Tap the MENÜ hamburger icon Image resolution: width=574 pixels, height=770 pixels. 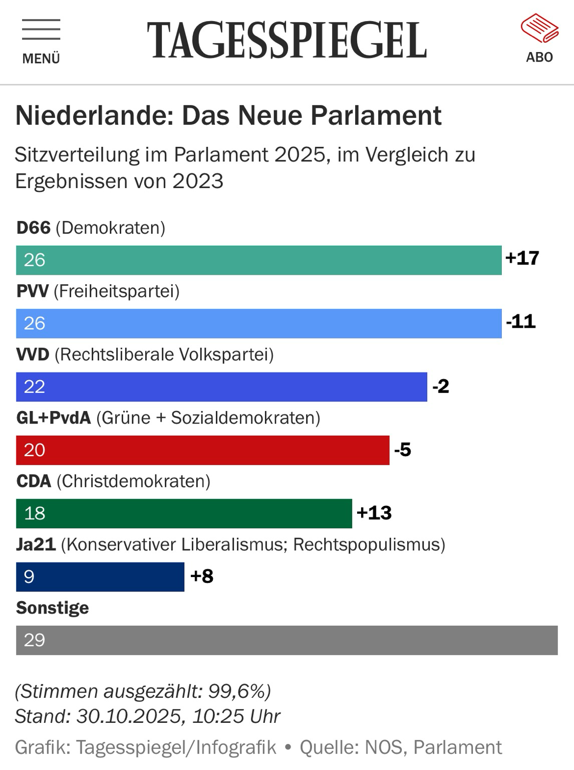pos(41,30)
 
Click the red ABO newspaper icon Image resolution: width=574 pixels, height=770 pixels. pos(539,29)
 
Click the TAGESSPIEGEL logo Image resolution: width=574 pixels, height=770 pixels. pos(286,40)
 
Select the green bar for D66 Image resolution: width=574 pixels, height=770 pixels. pos(258,260)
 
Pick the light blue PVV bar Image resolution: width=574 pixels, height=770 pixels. pos(258,323)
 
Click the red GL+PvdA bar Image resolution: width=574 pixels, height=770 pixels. pos(202,450)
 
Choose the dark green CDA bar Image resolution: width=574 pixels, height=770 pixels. pos(184,513)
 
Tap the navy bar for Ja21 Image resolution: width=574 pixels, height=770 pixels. pos(100,576)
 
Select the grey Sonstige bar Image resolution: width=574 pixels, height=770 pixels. pos(286,640)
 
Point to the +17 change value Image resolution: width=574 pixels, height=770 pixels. pos(522,258)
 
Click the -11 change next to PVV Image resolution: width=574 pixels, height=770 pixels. pos(521,321)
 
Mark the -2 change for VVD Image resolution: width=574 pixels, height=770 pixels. pos(441,387)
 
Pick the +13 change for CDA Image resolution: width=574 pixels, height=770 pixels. pos(374,513)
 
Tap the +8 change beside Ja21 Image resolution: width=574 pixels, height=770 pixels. pos(202,576)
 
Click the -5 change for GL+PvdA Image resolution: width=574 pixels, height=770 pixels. pos(403,450)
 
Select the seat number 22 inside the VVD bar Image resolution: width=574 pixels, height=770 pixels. pos(35,387)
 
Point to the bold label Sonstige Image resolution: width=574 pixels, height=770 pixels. pos(53,608)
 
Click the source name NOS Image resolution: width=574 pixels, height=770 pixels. pos(384,747)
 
